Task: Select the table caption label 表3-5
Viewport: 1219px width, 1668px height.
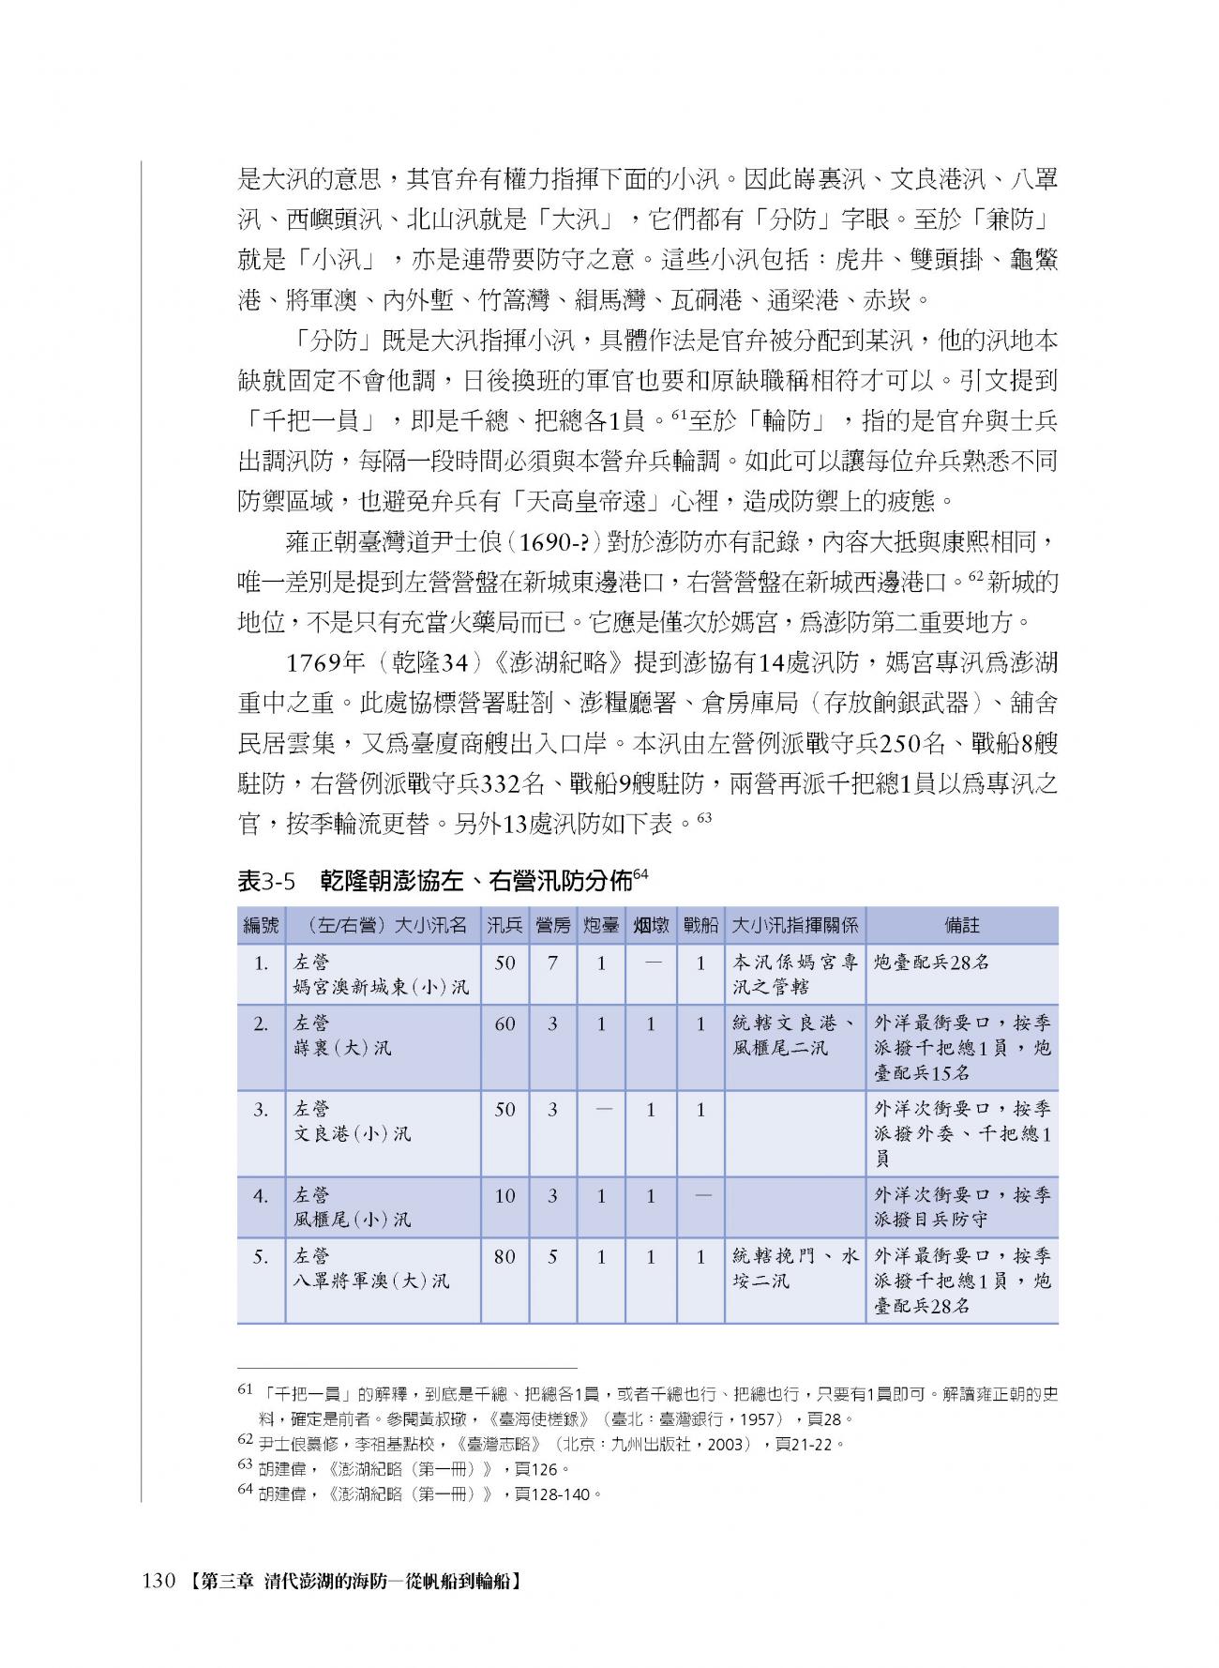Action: [266, 881]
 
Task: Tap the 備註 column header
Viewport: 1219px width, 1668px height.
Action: [962, 925]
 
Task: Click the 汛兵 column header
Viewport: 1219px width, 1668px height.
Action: [504, 925]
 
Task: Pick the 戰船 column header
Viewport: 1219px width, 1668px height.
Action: [700, 925]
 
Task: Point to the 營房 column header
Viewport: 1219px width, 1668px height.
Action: [552, 925]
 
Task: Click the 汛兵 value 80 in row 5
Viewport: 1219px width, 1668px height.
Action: [504, 1256]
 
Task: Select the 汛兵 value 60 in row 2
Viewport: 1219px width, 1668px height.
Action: [504, 1024]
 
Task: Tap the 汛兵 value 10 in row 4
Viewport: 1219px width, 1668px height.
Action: [504, 1195]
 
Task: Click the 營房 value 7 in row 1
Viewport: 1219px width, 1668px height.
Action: [553, 963]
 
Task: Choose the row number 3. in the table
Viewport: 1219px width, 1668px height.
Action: [262, 1109]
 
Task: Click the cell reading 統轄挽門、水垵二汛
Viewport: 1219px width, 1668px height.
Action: [794, 1268]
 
